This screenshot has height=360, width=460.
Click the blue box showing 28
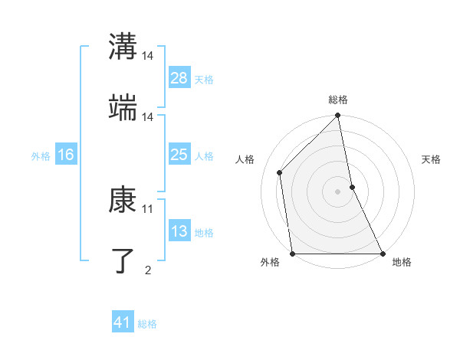tap(179, 77)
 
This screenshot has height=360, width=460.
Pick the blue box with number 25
tap(179, 155)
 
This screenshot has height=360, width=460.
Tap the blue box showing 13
tap(179, 231)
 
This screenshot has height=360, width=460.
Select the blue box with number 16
tap(65, 155)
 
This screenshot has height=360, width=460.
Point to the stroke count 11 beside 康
tap(148, 208)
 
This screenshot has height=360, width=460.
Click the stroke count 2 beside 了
tap(148, 270)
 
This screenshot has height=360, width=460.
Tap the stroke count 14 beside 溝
tap(148, 56)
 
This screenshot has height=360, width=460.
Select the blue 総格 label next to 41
tap(147, 324)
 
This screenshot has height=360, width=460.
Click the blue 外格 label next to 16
tap(41, 155)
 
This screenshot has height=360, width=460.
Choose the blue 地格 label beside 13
tap(204, 232)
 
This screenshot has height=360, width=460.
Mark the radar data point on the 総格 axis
tap(338, 116)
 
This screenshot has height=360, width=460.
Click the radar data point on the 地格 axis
tap(383, 254)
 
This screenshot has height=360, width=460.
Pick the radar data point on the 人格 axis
tap(280, 172)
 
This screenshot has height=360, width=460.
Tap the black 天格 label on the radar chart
tap(432, 159)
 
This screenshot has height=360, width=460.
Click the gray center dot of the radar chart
tap(338, 191)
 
